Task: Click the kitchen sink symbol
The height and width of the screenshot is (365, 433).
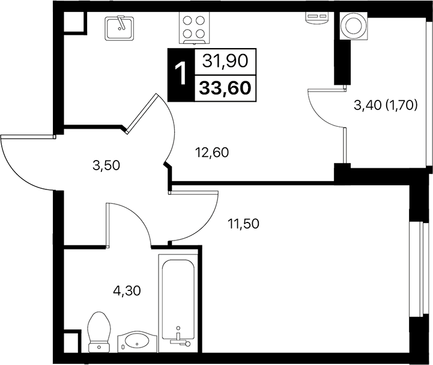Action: [120, 28]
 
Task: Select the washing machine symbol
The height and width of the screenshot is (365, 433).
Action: [351, 26]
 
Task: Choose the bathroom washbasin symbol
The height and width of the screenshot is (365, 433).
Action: [136, 341]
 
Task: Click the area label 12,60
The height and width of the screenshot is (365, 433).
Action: [211, 152]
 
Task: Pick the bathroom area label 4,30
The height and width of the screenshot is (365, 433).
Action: [126, 291]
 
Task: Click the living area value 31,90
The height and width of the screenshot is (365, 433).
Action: [226, 60]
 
